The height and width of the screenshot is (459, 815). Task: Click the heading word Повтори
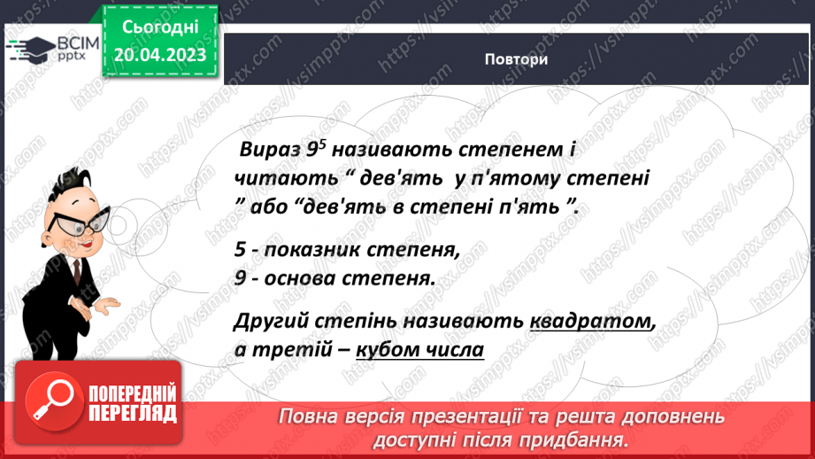(516, 59)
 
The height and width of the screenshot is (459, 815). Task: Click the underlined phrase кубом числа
(419, 348)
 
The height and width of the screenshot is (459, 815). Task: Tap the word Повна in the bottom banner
(310, 416)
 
